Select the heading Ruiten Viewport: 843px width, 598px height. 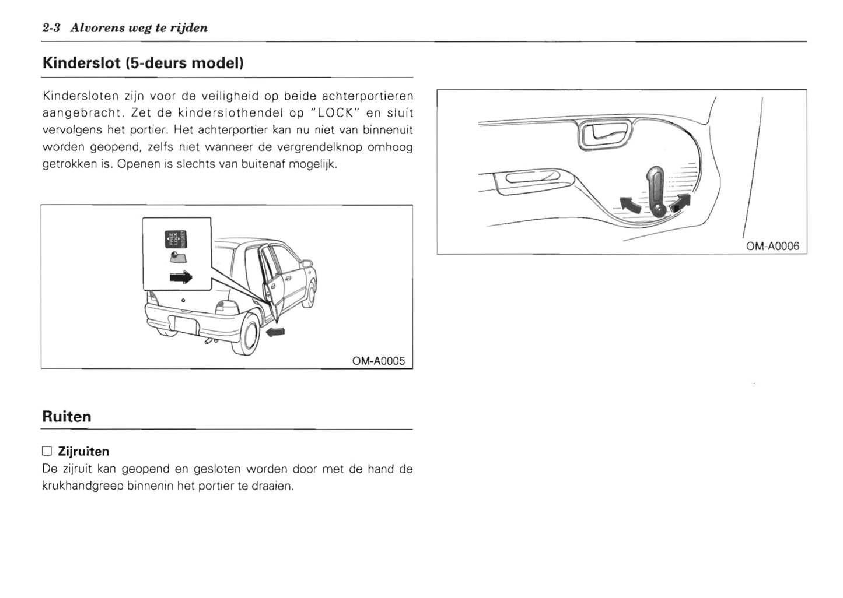(67, 417)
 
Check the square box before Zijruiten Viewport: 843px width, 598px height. (47, 451)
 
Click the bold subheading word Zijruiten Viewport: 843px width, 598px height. (83, 451)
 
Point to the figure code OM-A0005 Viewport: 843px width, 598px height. (378, 361)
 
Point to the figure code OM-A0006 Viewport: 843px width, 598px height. (772, 246)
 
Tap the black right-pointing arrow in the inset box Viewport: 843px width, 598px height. (180, 277)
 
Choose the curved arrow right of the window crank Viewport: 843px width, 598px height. (681, 202)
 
